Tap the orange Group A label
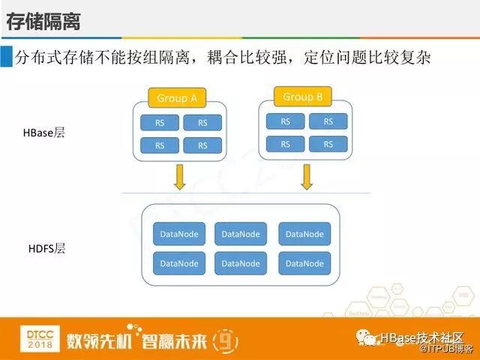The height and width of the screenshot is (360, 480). click(x=177, y=98)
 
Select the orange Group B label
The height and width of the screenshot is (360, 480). click(x=303, y=97)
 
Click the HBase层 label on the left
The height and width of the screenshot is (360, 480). click(x=44, y=133)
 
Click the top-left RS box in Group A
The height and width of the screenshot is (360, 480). click(x=160, y=123)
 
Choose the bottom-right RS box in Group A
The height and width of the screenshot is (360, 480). click(x=202, y=145)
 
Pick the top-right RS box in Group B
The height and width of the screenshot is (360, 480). click(x=328, y=121)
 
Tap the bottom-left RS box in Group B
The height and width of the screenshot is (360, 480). click(x=285, y=143)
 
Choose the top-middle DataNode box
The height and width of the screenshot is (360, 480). click(x=241, y=234)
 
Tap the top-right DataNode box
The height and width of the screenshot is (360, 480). click(x=304, y=234)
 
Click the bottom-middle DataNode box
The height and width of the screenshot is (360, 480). click(x=241, y=263)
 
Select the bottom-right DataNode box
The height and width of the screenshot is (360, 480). click(x=304, y=263)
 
